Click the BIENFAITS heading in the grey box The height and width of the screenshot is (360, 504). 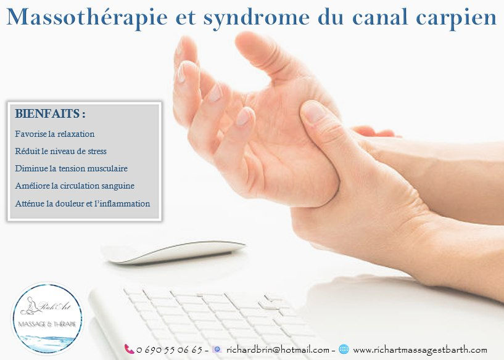click(x=50, y=115)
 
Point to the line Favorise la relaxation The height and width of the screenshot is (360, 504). click(x=55, y=133)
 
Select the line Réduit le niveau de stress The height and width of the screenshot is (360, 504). click(x=65, y=150)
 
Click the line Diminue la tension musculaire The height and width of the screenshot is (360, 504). click(x=72, y=168)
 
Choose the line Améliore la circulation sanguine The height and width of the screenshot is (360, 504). click(x=75, y=185)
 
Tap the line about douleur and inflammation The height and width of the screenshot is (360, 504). click(x=82, y=203)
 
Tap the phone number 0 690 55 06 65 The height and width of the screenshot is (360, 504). click(x=168, y=350)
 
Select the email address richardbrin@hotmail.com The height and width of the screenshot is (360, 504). click(x=278, y=350)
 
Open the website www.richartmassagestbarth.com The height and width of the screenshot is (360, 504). click(x=419, y=350)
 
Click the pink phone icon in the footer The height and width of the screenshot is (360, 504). click(x=129, y=349)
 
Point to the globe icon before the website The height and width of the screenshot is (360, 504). click(x=344, y=349)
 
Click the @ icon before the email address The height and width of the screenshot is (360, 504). click(x=216, y=349)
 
